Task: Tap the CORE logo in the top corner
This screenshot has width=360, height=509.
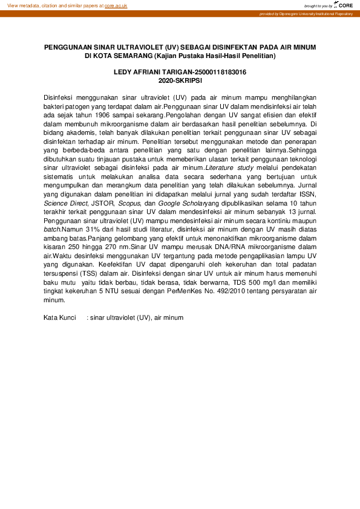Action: pyautogui.click(x=345, y=5)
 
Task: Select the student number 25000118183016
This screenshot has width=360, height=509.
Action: pyautogui.click(x=216, y=73)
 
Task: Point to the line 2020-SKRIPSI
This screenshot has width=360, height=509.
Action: pyautogui.click(x=180, y=80)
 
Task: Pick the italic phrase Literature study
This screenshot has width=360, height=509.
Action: pyautogui.click(x=229, y=167)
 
